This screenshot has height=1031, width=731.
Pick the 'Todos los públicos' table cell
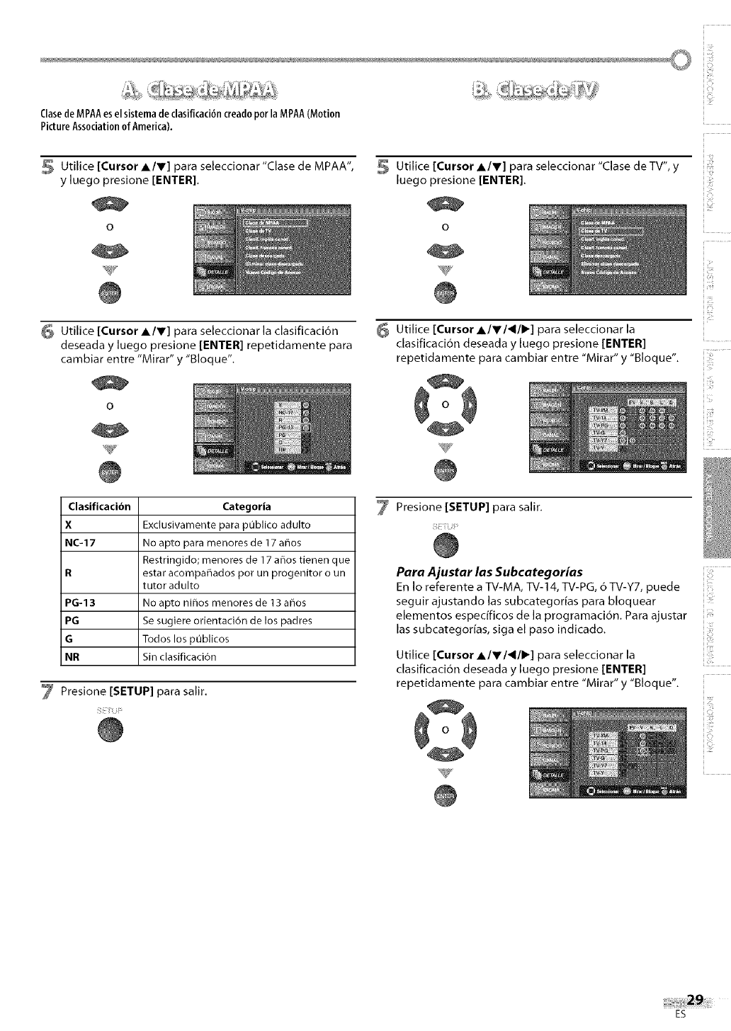[x=186, y=639]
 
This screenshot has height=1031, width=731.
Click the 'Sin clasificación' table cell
[x=179, y=656]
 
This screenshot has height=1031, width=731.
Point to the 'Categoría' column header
[x=246, y=506]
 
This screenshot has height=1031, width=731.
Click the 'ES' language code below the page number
[x=681, y=1014]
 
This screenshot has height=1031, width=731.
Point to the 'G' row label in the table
[x=69, y=639]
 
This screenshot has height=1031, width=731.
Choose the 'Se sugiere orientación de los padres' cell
[x=227, y=620]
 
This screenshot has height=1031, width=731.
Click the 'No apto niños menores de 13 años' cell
[x=224, y=603]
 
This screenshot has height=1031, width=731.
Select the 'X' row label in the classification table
[x=68, y=525]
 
